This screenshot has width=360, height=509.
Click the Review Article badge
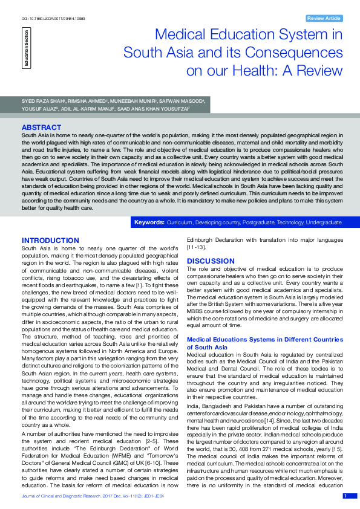pos(324,18)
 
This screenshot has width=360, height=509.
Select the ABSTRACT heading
pos(41,128)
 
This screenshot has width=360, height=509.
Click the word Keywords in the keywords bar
pos(149,222)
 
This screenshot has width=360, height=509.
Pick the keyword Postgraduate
pos(249,222)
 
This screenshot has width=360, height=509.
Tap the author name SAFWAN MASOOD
pos(185,100)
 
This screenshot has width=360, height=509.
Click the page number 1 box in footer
pos(345,496)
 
